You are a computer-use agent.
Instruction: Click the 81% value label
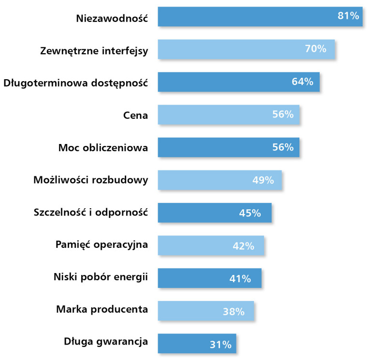click(348, 16)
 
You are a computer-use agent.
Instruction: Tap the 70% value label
click(316, 49)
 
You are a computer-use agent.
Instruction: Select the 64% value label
click(302, 82)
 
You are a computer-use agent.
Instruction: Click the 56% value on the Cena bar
click(282, 115)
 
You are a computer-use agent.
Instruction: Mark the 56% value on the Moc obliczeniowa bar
click(282, 147)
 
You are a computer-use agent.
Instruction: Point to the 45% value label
click(250, 213)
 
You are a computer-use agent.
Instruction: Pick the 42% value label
click(243, 246)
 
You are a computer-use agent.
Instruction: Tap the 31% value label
click(221, 345)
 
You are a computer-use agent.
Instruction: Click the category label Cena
click(135, 115)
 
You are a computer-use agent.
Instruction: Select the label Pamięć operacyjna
click(102, 244)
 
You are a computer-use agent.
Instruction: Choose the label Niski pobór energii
click(100, 277)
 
